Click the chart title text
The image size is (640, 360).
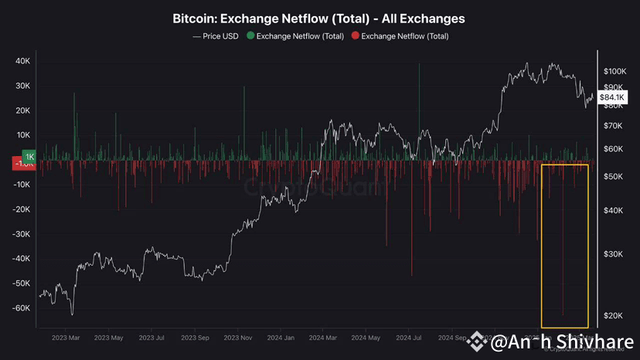(319, 18)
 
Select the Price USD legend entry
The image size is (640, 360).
(215, 36)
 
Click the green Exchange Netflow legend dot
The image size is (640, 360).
(250, 36)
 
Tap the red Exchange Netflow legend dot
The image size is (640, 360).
(355, 36)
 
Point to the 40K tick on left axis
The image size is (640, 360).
(22, 61)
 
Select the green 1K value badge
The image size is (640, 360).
(29, 156)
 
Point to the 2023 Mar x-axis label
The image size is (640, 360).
(66, 338)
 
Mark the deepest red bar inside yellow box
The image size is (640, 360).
(563, 309)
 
